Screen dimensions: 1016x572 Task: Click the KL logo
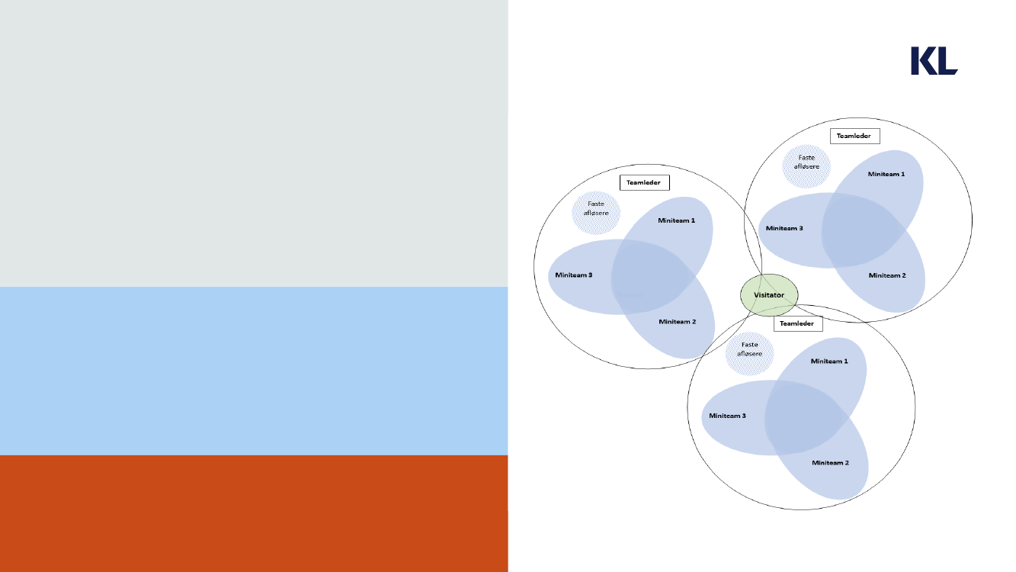[x=934, y=61]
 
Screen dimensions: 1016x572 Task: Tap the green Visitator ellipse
[x=769, y=295]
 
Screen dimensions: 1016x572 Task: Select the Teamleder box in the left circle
[x=645, y=182]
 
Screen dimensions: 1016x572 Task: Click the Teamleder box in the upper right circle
[x=855, y=137]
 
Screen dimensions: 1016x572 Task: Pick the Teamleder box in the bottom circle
[x=798, y=323]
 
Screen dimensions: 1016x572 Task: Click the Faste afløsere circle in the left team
[x=596, y=213]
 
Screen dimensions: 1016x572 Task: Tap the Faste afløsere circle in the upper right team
[x=806, y=166]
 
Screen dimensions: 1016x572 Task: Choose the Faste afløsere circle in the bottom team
[x=750, y=354]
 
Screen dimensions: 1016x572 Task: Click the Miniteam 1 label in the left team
[x=676, y=220]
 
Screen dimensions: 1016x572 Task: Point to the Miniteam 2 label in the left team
[x=677, y=322]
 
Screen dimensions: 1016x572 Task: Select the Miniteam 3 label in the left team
[x=574, y=275]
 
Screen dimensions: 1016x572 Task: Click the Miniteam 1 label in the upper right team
[x=886, y=175]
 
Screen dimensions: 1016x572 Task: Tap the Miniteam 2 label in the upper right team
[x=887, y=275]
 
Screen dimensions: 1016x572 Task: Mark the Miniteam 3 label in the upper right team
[x=784, y=228]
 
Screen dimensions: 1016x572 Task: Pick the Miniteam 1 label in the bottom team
[x=829, y=362]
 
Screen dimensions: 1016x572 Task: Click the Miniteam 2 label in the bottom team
[x=831, y=463]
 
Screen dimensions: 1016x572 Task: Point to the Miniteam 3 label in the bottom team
[x=728, y=416]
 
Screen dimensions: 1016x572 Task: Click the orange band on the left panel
[x=254, y=513]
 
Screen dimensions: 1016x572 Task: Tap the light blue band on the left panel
[x=254, y=371]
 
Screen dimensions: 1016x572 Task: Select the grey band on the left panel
[x=254, y=143]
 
